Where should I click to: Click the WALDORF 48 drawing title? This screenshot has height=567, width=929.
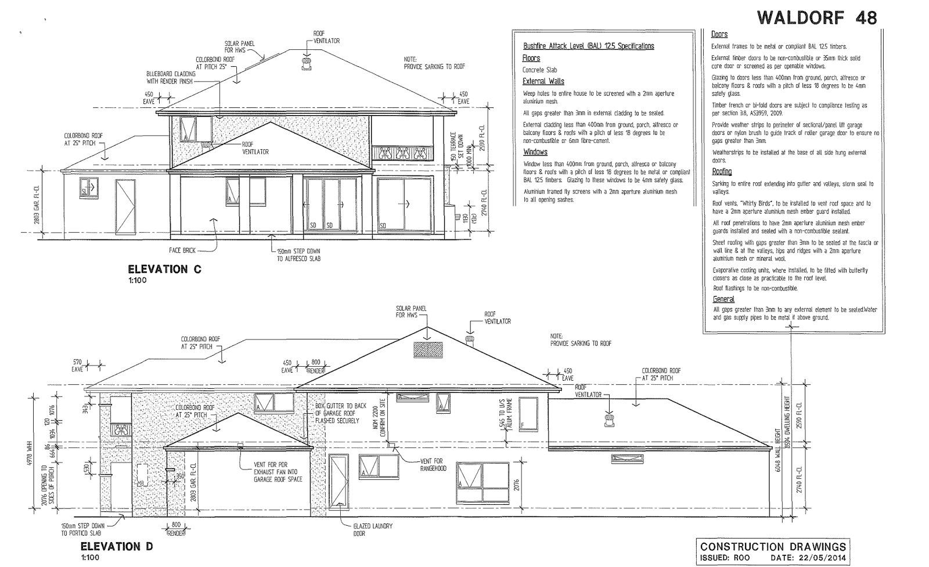pos(817,18)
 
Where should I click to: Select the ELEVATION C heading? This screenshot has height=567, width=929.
pos(157,269)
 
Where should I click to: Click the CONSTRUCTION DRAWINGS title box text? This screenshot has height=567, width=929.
pos(772,546)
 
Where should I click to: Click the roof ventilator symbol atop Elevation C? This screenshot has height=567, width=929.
pos(306,63)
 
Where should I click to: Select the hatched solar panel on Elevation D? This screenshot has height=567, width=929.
pos(428,349)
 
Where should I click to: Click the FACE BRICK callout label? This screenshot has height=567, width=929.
pos(182,251)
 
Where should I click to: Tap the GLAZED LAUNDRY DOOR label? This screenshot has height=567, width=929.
pos(373,529)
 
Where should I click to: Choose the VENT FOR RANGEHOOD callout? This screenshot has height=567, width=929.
pos(433,465)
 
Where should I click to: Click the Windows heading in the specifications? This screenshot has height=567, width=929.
pos(535,152)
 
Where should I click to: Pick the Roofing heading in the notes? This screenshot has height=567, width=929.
pos(722,172)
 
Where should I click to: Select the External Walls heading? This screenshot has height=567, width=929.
pos(543,81)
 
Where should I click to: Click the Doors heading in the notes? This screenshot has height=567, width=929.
pos(719,34)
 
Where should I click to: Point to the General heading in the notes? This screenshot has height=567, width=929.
pos(723,299)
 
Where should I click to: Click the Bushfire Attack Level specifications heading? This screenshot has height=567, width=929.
pos(588,46)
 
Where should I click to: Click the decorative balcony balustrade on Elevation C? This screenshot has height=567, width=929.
pos(401,153)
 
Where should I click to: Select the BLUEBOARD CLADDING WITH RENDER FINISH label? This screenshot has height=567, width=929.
pos(170,78)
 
